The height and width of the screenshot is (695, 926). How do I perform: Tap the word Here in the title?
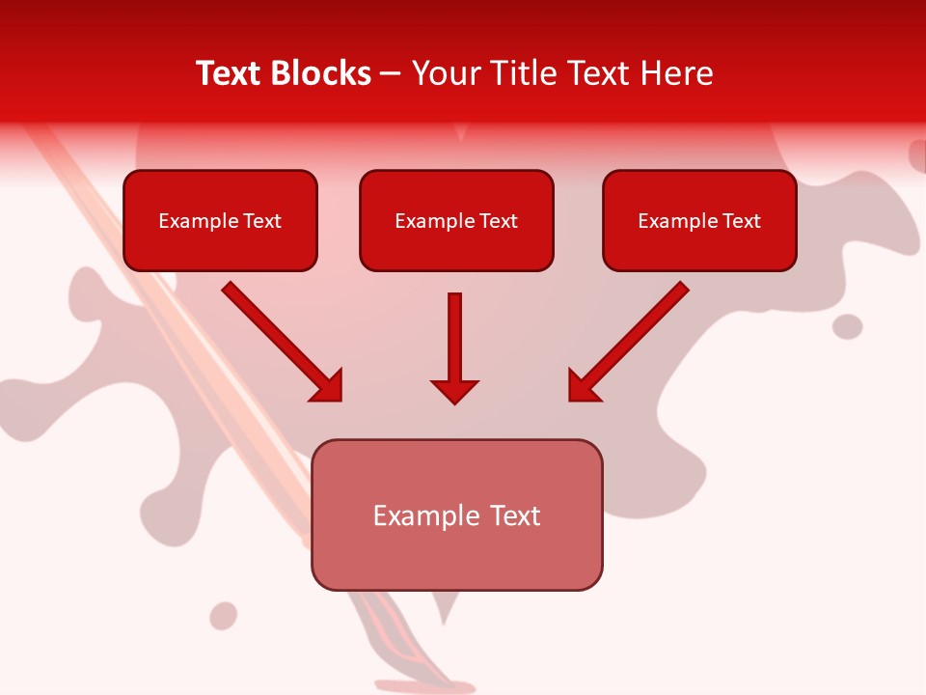676,73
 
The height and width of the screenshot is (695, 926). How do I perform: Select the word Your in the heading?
442,73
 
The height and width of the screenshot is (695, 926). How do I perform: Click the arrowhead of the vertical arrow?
455,391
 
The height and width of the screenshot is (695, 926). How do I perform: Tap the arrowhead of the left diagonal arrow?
329,387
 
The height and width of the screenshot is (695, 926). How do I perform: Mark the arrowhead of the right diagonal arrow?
583,387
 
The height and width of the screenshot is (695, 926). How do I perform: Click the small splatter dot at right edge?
847,326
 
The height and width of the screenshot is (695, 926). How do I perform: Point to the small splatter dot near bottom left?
224,616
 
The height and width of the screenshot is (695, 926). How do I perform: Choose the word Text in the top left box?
261,221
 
